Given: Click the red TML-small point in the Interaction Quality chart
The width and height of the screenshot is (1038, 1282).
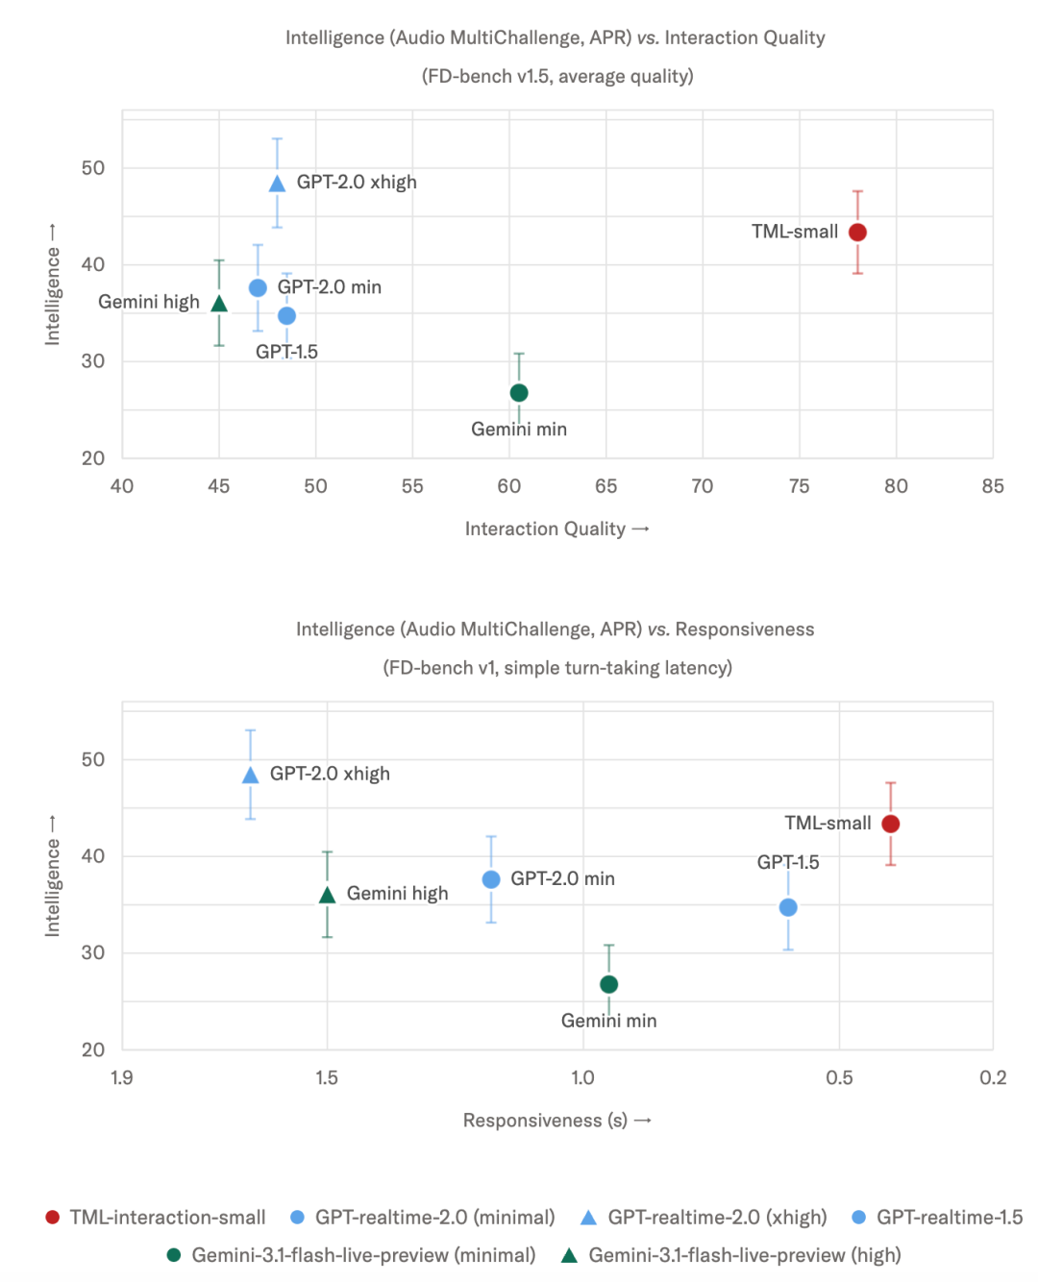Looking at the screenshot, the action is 857,232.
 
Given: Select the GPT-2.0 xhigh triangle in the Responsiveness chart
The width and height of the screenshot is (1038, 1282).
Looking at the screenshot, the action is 250,775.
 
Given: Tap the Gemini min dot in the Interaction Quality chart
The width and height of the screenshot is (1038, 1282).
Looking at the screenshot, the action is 519,392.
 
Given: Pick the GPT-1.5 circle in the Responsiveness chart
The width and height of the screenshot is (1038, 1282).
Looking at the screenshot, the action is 788,907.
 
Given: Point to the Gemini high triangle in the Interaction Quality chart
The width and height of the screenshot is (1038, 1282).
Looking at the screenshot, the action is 219,304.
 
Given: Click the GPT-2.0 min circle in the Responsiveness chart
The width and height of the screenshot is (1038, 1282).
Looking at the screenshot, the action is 491,879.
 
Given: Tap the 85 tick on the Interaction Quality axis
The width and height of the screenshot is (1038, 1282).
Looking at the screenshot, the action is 992,485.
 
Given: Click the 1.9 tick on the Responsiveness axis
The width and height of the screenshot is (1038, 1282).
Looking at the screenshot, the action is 121,1077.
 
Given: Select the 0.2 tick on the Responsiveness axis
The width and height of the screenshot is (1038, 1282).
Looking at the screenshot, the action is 992,1077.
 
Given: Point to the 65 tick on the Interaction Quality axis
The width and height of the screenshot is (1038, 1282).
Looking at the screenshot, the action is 605,485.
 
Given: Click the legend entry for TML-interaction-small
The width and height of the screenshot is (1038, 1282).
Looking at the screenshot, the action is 156,1217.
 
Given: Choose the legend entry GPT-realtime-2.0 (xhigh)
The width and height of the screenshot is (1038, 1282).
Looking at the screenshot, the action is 704,1217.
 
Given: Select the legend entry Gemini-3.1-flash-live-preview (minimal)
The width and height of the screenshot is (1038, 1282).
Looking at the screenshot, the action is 351,1255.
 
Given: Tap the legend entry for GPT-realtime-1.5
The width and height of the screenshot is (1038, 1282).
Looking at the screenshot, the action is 937,1217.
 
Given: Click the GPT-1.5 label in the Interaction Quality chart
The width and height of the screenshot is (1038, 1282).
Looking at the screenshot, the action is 286,352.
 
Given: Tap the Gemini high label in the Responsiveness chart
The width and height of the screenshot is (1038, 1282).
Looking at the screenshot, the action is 397,893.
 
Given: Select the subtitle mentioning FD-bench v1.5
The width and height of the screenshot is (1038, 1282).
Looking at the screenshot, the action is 557,77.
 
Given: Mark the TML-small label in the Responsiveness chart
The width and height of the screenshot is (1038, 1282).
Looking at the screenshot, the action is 828,823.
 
